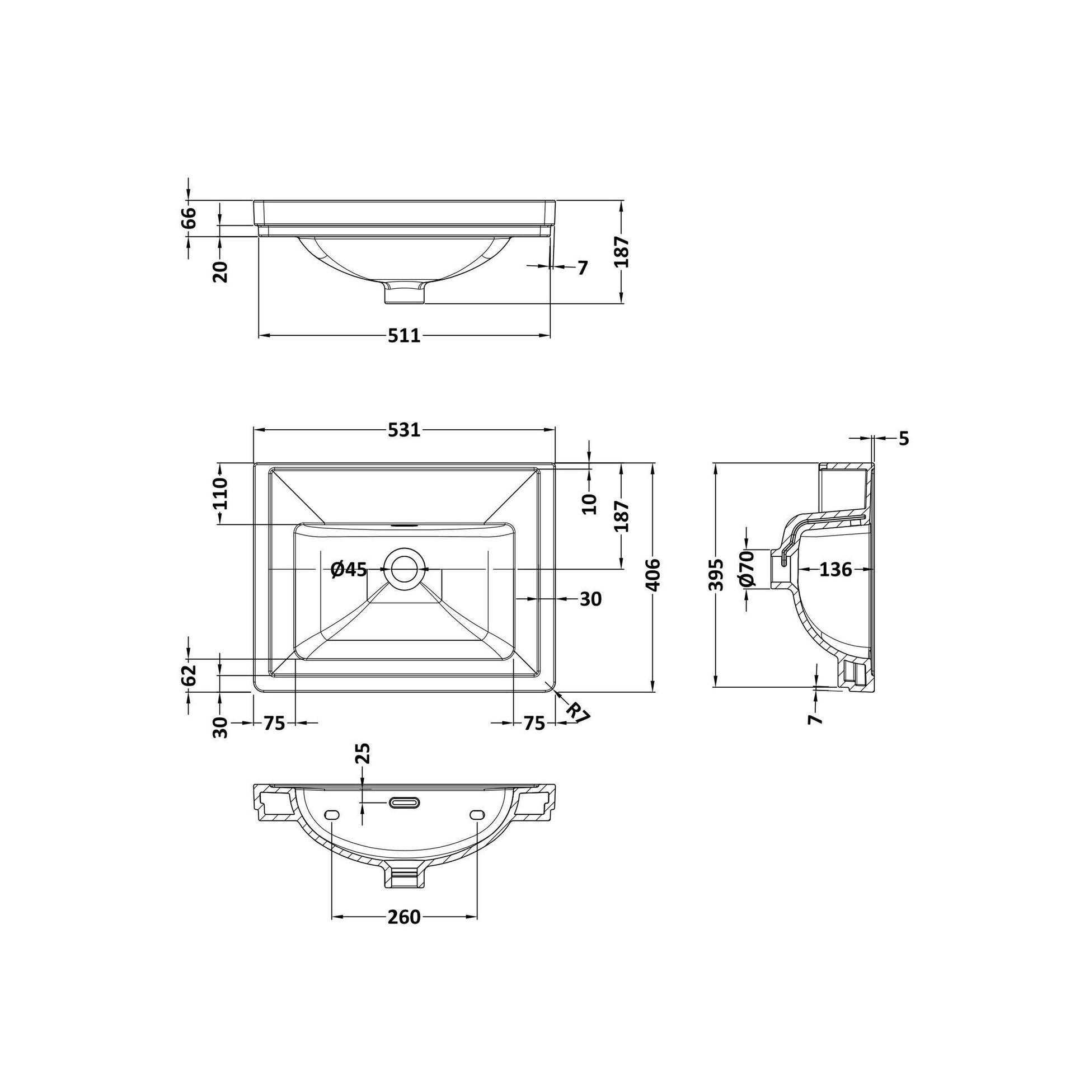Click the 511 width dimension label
click(x=404, y=335)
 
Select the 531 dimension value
click(x=404, y=430)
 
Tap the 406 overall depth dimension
click(x=652, y=575)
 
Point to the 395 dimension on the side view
click(x=715, y=575)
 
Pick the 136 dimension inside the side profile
click(x=835, y=570)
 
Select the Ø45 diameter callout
click(x=349, y=569)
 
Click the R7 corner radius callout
click(x=577, y=712)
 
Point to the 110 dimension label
click(x=220, y=493)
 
